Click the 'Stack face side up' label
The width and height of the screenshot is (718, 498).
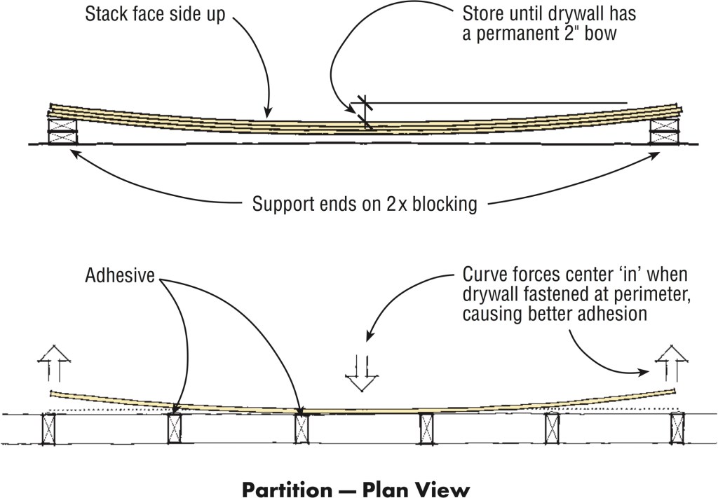(x=155, y=15)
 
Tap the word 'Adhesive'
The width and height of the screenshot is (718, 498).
(x=120, y=275)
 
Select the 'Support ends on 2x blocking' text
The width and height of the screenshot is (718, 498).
(x=365, y=205)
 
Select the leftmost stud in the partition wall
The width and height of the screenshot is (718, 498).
(x=49, y=428)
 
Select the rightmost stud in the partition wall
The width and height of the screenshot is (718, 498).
(x=677, y=428)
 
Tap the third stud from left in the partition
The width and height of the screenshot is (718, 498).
(x=302, y=428)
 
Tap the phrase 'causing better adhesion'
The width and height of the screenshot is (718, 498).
(x=555, y=314)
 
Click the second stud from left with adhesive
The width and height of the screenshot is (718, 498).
(x=175, y=428)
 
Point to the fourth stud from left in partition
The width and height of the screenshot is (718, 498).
(x=426, y=428)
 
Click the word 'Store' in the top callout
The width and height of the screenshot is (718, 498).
(x=483, y=14)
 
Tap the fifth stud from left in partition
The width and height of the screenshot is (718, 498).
(x=552, y=428)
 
